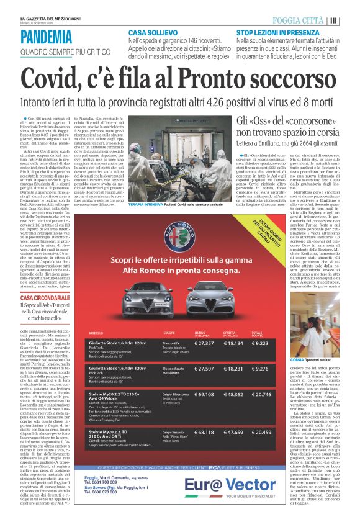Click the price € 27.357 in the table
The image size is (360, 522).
[x=207, y=343]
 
